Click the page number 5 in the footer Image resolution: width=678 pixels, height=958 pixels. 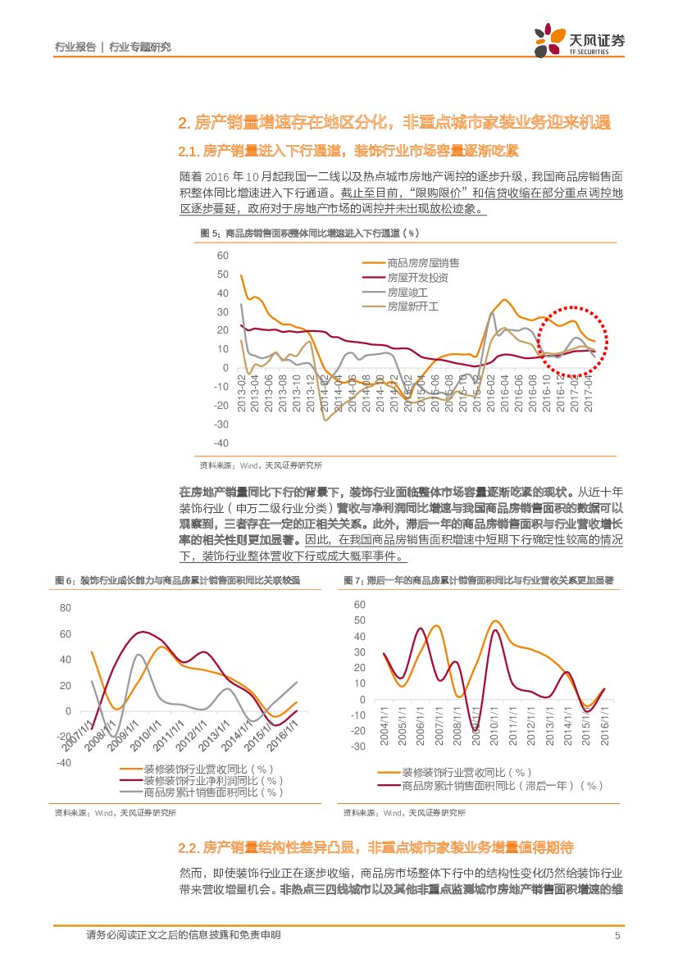coord(617,935)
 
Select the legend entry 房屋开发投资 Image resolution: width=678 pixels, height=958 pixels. coord(417,277)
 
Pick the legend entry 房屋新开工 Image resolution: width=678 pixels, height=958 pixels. coord(413,306)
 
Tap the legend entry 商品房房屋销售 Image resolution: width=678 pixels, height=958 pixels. coord(423,262)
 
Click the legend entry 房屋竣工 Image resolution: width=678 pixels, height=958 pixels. coord(407,292)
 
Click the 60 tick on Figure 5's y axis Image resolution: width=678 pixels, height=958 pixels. coord(222,256)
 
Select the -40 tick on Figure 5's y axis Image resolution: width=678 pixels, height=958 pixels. coord(221,443)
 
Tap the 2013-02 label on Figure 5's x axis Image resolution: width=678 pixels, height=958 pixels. coord(243,393)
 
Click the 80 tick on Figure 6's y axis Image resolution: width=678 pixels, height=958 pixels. coord(66,608)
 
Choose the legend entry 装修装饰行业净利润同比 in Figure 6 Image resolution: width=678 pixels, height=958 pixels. coord(207,781)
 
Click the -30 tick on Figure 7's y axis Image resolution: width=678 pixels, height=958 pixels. coord(358,746)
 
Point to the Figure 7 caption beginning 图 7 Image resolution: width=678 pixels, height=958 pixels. coord(478,580)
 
